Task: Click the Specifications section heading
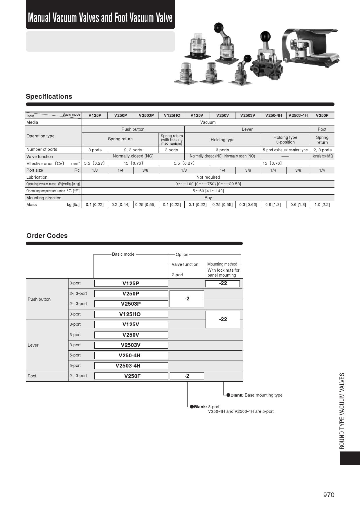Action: point(49,96)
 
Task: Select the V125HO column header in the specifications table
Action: point(172,115)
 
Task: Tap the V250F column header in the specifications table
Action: point(322,115)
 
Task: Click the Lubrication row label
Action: point(37,177)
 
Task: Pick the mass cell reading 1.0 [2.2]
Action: point(322,205)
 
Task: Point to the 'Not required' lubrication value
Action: point(208,177)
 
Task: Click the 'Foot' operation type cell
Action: point(322,129)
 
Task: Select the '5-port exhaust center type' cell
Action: point(285,150)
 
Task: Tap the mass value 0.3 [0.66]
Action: point(248,205)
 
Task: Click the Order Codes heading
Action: point(47,236)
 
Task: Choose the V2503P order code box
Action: point(131,304)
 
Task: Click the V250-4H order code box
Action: point(131,355)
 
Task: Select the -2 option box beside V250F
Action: point(187,376)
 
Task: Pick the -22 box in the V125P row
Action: point(223,284)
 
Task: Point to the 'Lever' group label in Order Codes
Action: point(33,345)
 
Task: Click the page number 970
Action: point(329,495)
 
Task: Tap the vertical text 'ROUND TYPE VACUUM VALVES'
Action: point(342,411)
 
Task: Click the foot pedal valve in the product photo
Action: point(311,46)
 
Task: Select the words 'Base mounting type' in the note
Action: point(263,395)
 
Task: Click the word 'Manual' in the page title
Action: point(39,18)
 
